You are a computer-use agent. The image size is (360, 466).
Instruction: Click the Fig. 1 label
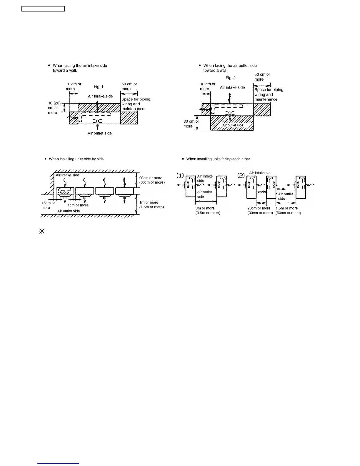[x=99, y=87]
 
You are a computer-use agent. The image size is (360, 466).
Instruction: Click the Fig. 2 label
[x=231, y=78]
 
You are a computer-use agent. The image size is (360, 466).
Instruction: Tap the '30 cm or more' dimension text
[x=191, y=124]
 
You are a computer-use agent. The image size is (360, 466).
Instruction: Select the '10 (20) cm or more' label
[x=54, y=108]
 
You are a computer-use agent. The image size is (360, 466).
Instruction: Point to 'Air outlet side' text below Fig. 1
[x=100, y=133]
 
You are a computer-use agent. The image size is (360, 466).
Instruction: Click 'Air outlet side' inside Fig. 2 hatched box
[x=233, y=125]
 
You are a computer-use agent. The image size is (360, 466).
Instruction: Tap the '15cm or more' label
[x=48, y=205]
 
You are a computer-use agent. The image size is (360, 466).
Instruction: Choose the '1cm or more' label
[x=78, y=205]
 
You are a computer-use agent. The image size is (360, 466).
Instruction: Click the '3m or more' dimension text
[x=205, y=208]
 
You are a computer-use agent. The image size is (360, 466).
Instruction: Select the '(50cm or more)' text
[x=288, y=213]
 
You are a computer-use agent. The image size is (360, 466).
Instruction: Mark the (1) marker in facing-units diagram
[x=180, y=176]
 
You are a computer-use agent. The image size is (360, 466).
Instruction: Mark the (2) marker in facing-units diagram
[x=241, y=176]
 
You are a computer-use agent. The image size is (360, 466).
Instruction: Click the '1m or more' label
[x=149, y=202]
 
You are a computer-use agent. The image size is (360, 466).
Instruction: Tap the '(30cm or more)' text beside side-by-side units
[x=152, y=182]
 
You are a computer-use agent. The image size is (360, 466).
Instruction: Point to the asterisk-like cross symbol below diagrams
[x=41, y=231]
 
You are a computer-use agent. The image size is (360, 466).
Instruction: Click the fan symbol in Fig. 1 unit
[x=97, y=121]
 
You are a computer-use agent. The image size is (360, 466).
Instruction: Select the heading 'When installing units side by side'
[x=76, y=159]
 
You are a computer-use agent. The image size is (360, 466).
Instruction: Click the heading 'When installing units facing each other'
[x=218, y=159]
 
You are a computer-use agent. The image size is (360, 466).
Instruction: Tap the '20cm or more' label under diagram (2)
[x=259, y=208]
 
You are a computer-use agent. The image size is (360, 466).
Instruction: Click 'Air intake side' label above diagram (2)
[x=261, y=173]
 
